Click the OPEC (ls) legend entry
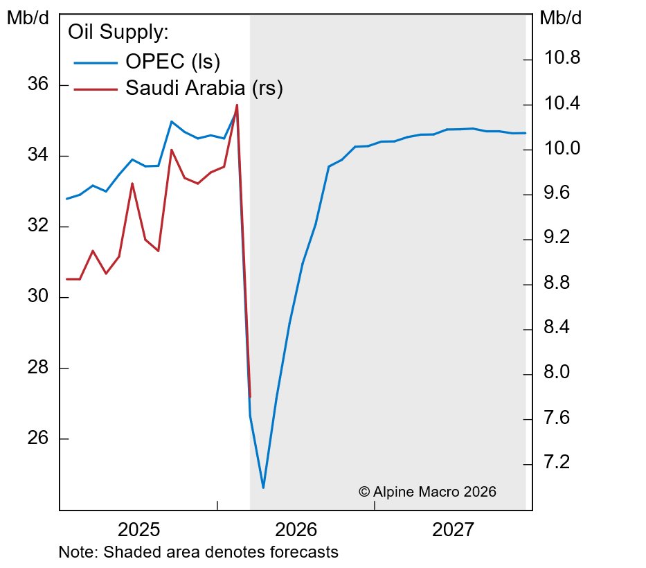(x=172, y=62)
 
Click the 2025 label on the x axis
(x=139, y=531)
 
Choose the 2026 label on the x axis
(x=296, y=531)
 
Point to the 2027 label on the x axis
(x=454, y=531)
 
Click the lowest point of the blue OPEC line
(x=263, y=488)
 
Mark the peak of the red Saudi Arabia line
(x=237, y=105)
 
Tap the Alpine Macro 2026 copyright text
(x=427, y=491)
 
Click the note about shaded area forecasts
(x=199, y=553)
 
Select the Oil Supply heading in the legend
(x=118, y=33)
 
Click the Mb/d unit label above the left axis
(x=28, y=19)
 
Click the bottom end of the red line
(x=250, y=397)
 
